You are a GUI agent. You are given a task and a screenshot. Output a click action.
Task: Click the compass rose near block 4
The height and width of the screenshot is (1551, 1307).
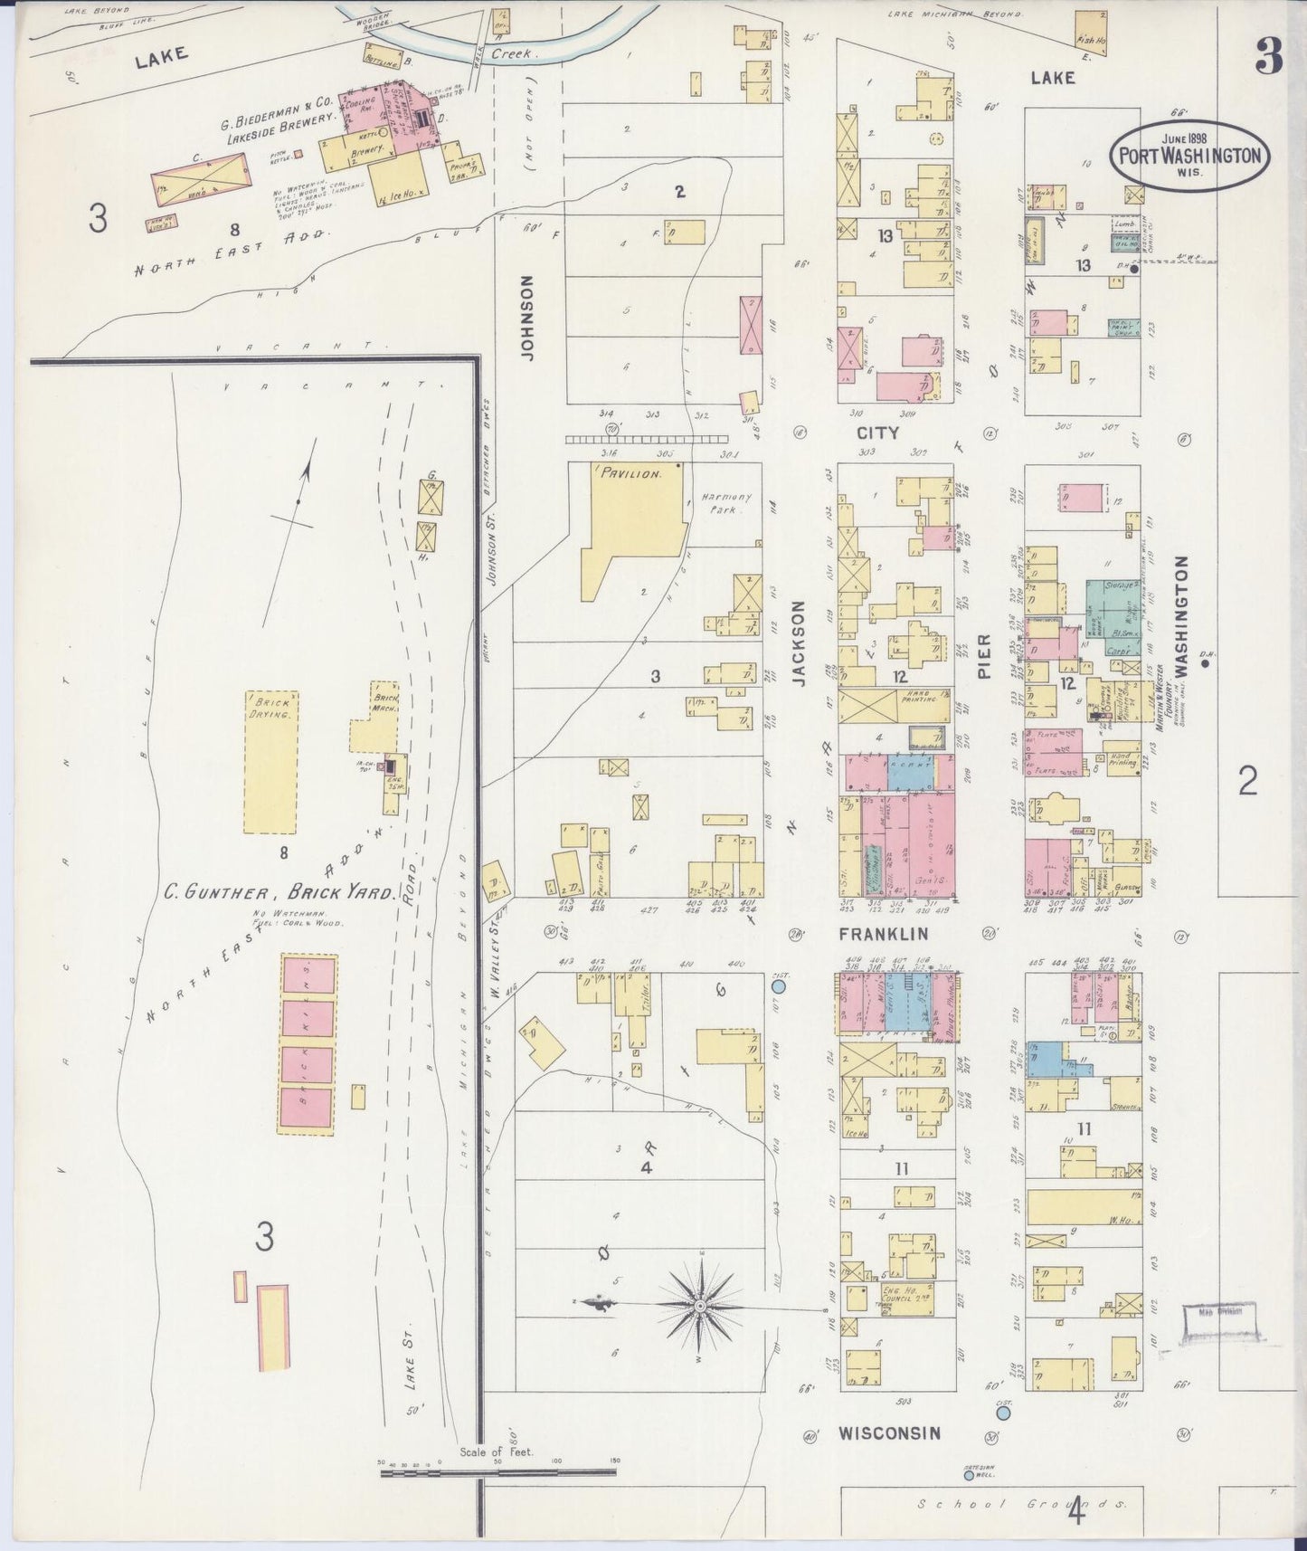tap(701, 1307)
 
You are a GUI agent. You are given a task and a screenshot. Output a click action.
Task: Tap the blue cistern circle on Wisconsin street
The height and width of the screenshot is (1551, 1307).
tap(1002, 1436)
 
